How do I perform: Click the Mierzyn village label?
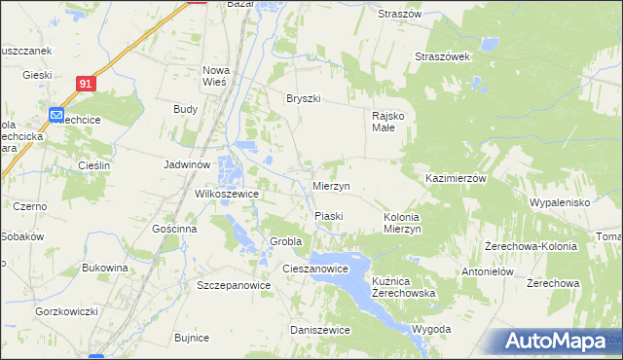[332, 186]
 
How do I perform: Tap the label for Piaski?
[329, 215]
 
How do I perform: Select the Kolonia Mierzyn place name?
[401, 223]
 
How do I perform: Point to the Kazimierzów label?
[456, 179]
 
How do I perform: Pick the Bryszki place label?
[303, 98]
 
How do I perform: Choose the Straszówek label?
[443, 56]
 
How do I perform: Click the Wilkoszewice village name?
[227, 194]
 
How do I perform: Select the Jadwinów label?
[187, 165]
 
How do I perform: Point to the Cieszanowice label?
[314, 269]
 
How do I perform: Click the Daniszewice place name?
[320, 330]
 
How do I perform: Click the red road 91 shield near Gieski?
[87, 85]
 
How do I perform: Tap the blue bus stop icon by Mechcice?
[56, 115]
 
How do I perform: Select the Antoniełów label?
[488, 271]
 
